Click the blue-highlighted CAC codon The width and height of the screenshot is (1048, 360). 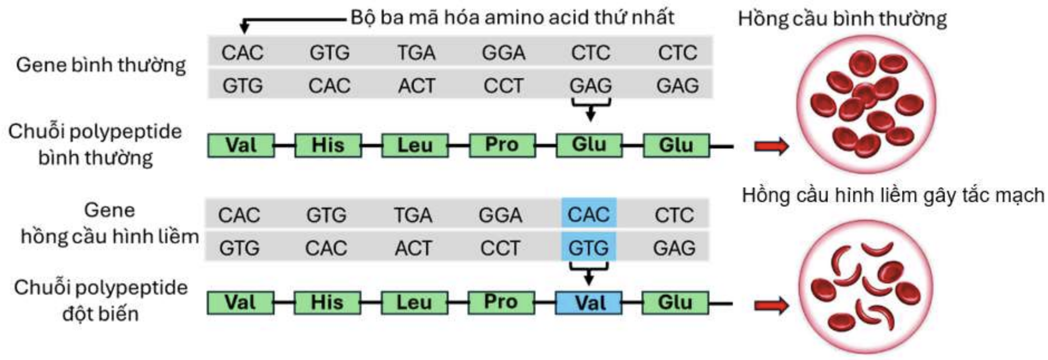[588, 214]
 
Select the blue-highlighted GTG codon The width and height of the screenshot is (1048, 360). [588, 248]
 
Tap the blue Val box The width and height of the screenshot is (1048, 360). [589, 302]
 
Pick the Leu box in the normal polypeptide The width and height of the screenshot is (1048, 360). [415, 146]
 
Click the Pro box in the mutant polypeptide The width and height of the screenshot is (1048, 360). [501, 302]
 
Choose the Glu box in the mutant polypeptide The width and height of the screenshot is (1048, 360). [676, 302]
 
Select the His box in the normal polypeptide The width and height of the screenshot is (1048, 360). [328, 146]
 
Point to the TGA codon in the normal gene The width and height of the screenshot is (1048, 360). [416, 53]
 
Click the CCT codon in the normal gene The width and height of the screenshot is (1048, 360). [503, 86]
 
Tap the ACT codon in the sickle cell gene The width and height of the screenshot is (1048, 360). [413, 248]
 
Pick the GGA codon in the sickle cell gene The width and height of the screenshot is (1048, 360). [500, 215]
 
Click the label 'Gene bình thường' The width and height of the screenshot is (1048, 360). [101, 65]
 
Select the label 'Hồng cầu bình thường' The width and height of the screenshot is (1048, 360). [842, 19]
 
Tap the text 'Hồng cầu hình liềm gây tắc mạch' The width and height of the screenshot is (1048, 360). [893, 195]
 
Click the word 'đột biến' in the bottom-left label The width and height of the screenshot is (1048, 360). [100, 313]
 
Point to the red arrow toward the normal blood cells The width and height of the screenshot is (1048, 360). [771, 146]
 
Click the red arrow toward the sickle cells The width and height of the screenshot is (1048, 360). [771, 305]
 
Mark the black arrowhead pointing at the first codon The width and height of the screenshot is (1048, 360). [244, 28]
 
